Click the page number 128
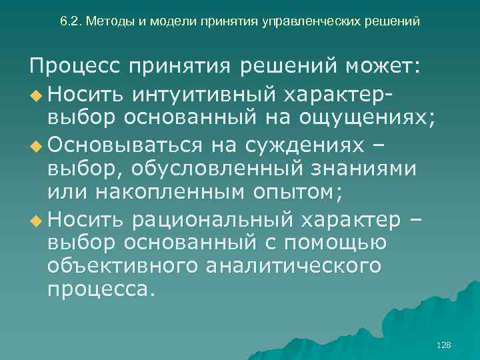tap(443, 345)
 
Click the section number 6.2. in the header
tap(71, 21)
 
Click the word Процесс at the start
tap(73, 67)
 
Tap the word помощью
tap(341, 243)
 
